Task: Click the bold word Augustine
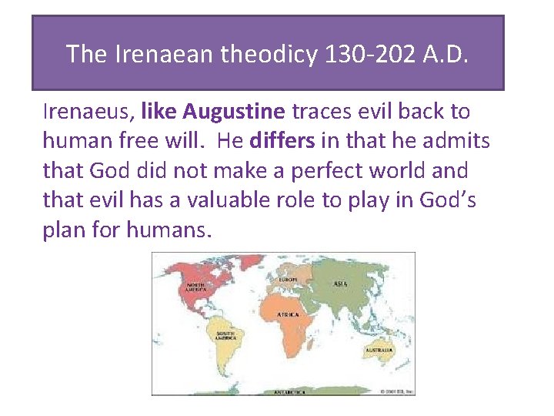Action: tap(234, 112)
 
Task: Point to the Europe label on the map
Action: tap(288, 278)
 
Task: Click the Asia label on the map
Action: tap(339, 283)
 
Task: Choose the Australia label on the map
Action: tap(379, 351)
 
